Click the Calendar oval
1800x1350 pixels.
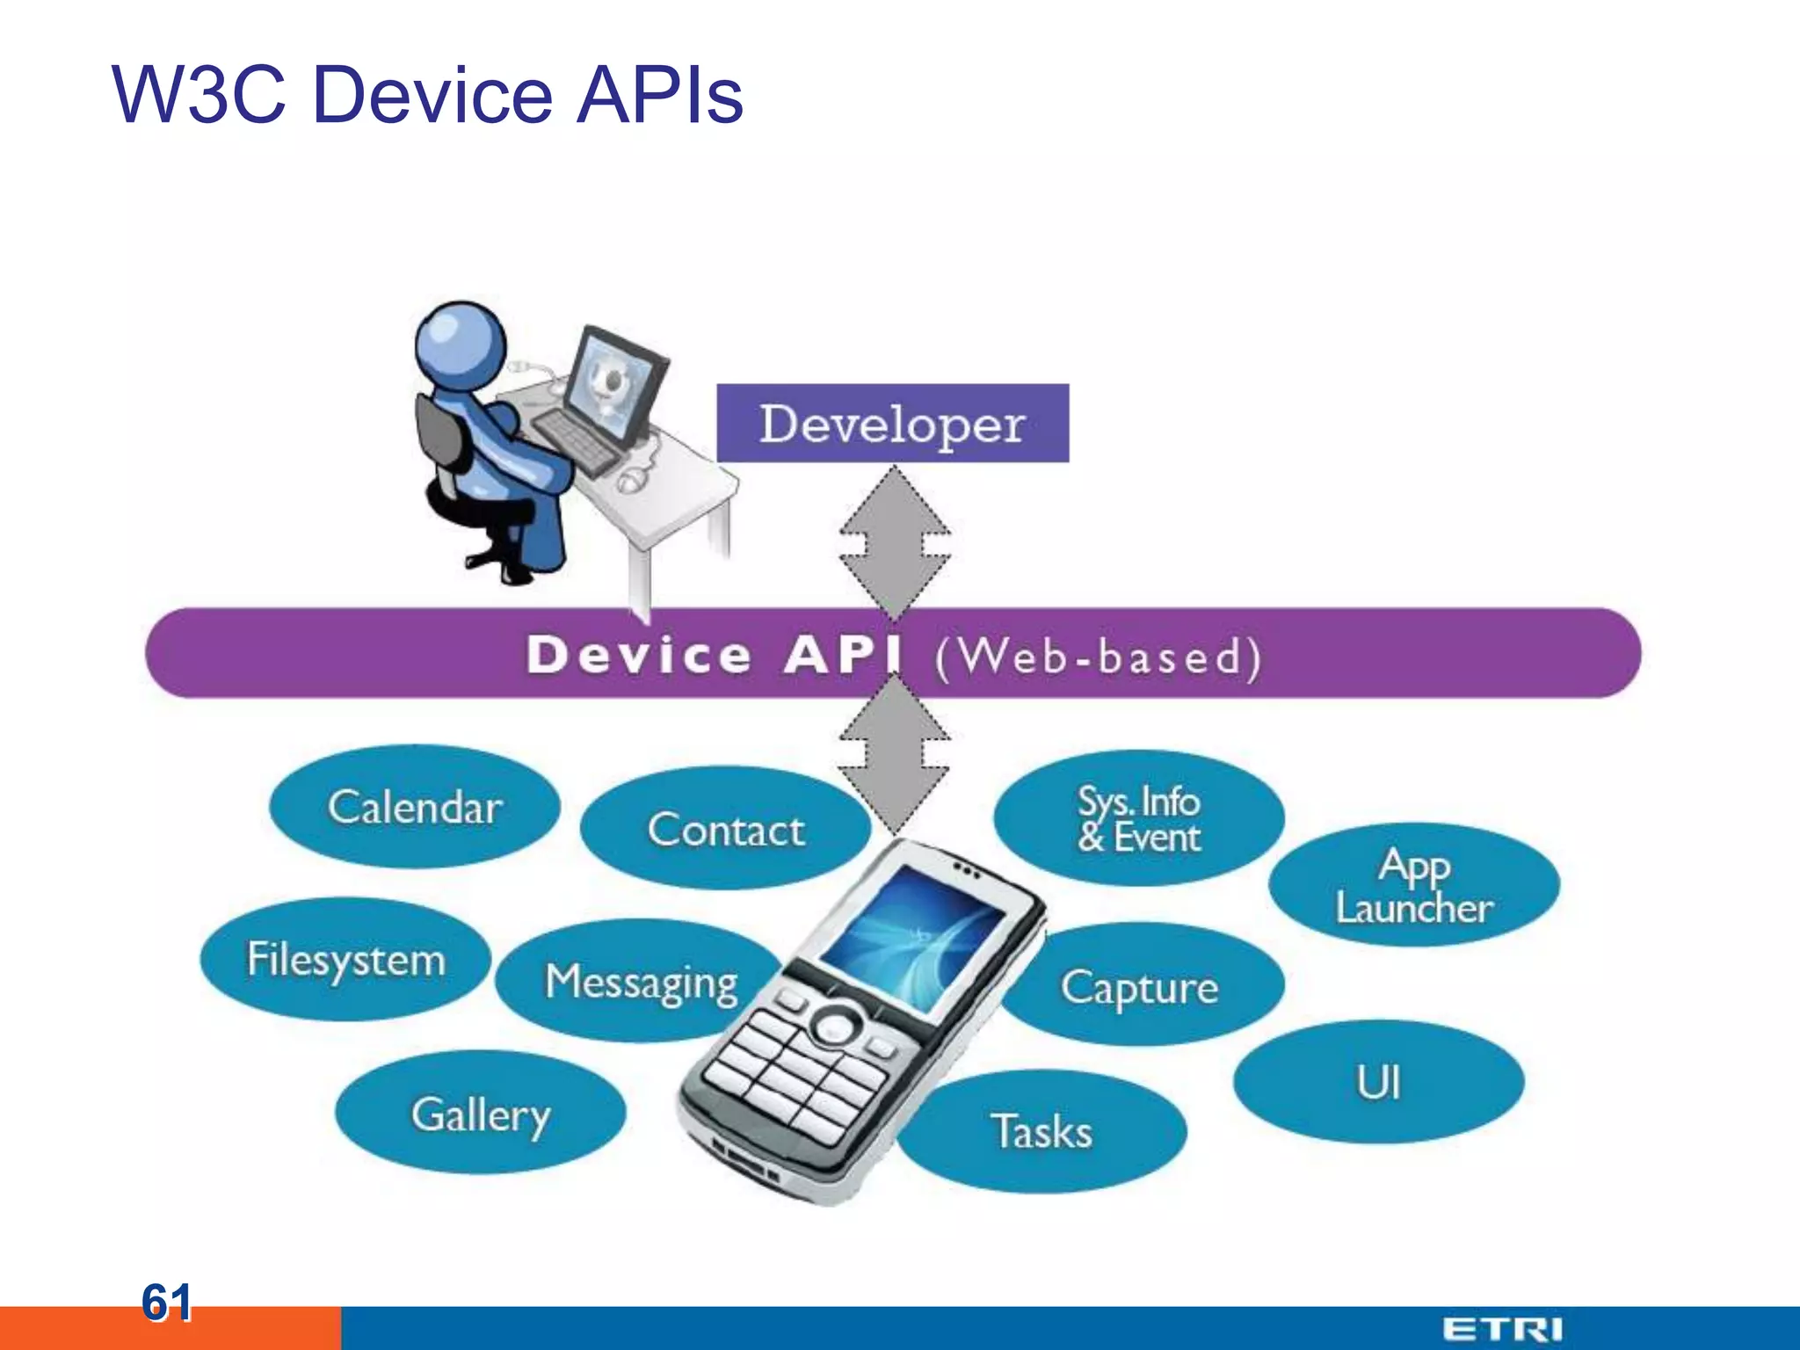414,807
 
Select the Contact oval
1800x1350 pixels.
725,829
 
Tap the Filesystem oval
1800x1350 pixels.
345,959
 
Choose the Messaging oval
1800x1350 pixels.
640,982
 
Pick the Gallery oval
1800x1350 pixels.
480,1114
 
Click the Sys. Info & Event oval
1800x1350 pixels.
1138,817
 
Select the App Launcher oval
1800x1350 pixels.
1413,886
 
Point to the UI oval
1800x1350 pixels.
1377,1082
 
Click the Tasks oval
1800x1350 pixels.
1042,1131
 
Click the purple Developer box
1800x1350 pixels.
892,424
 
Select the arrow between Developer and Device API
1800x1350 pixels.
894,541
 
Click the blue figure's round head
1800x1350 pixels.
461,344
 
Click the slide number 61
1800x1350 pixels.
166,1303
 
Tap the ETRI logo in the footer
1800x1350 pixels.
1502,1329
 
